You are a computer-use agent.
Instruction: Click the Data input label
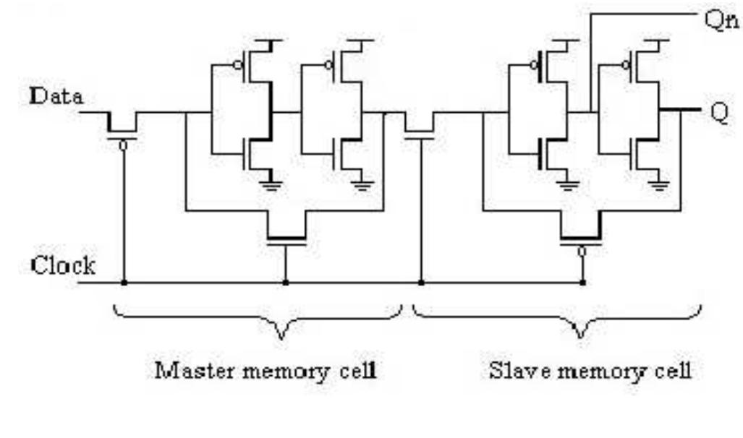(x=56, y=97)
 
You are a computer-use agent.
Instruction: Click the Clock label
(x=63, y=265)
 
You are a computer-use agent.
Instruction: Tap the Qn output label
(x=721, y=21)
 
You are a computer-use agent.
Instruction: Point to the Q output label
(x=720, y=113)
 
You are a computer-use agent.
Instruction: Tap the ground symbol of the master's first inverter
(x=271, y=185)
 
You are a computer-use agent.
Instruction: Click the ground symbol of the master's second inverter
(x=362, y=185)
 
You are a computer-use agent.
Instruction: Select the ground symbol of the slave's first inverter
(x=567, y=185)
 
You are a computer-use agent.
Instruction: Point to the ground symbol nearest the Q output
(x=658, y=185)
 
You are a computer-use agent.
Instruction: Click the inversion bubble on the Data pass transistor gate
(x=123, y=145)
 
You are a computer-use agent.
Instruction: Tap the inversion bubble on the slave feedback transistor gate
(x=582, y=251)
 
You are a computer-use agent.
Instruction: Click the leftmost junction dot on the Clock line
(x=124, y=283)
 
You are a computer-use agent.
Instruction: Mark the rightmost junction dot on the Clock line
(x=582, y=283)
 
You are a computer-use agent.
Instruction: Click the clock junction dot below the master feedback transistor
(x=285, y=283)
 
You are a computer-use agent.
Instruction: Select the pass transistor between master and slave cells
(x=420, y=128)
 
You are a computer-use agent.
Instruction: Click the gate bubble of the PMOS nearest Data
(x=238, y=65)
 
